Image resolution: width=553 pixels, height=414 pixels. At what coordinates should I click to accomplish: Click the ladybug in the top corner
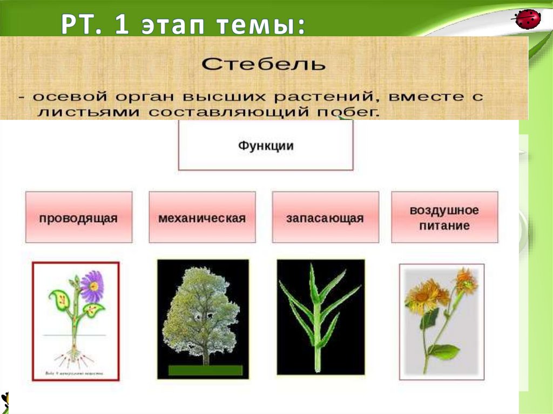pos(528,19)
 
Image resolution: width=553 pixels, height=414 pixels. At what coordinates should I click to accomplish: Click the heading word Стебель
pos(264,64)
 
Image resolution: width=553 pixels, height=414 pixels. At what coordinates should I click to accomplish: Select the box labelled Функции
pos(266,145)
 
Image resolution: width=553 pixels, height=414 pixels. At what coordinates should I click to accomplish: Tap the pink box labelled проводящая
pos(78,217)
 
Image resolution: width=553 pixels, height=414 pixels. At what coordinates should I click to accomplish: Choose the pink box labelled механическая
pos(202,217)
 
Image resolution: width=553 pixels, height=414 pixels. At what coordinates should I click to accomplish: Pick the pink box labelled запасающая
pos(325,217)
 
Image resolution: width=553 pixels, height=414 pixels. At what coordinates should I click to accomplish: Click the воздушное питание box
pos(444,217)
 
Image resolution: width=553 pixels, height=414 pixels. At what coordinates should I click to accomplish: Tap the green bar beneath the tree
pos(205,370)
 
